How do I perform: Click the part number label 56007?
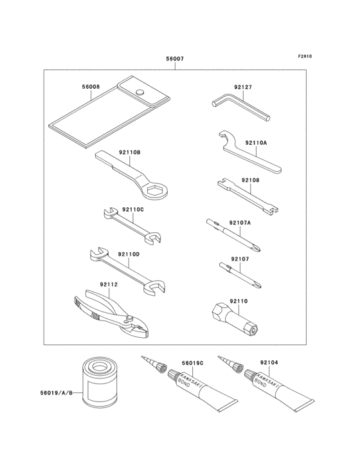(x=175, y=59)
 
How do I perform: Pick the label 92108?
(x=251, y=180)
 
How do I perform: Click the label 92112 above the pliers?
(x=109, y=284)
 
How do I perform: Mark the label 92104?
(x=270, y=362)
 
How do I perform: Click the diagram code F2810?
(x=305, y=56)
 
